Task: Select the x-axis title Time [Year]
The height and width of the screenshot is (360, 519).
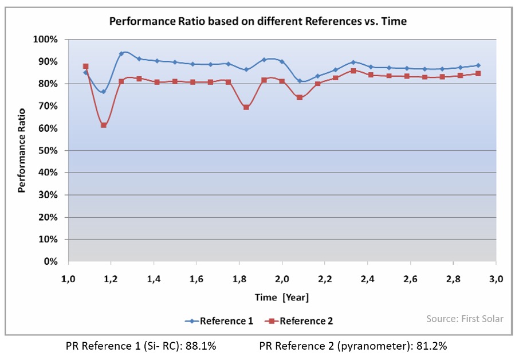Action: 281,297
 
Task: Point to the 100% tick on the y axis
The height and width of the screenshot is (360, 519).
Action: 46,40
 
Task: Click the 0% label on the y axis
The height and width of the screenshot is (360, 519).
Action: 51,261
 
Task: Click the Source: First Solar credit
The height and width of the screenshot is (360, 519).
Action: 465,318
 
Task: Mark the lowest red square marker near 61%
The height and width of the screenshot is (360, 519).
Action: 104,125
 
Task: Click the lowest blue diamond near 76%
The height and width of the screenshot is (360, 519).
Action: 104,92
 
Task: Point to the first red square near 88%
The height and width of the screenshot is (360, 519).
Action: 86,66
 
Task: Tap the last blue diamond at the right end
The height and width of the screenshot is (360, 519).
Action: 478,65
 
